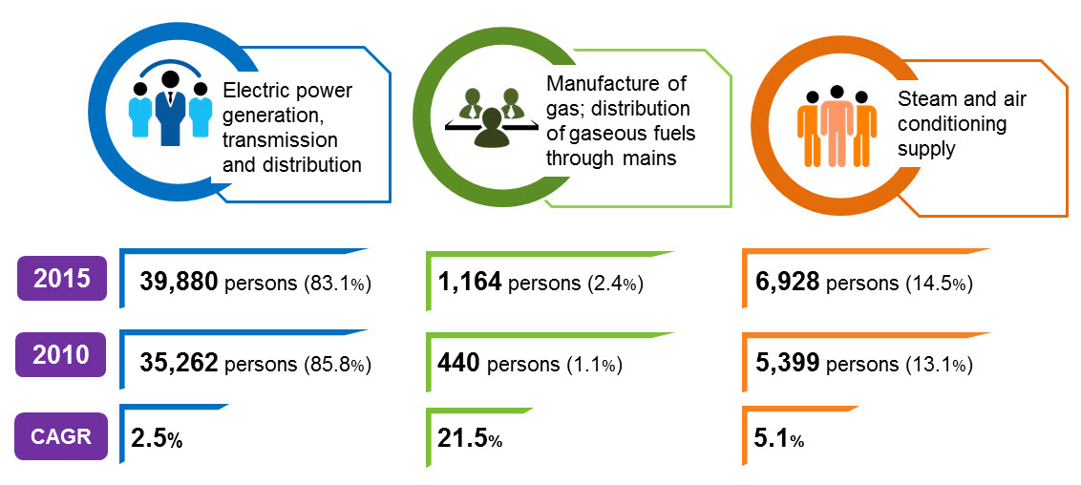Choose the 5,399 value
pos(787,363)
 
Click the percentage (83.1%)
pos(337,284)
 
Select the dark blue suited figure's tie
pos(170,101)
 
